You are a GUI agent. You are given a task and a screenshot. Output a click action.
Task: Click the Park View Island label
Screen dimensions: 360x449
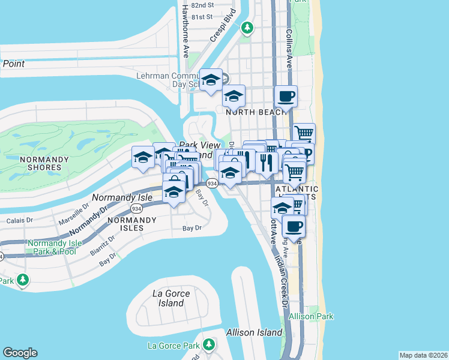point(196,150)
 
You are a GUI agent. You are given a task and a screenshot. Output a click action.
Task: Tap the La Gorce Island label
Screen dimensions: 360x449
point(171,298)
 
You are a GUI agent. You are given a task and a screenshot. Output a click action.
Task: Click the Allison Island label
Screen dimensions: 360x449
point(254,332)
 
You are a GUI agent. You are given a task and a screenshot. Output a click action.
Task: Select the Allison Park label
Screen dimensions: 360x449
point(311,316)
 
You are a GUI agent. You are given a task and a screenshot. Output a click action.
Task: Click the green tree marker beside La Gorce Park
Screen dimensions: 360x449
point(209,345)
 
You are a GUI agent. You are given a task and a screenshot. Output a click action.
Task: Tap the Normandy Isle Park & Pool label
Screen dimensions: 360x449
point(53,247)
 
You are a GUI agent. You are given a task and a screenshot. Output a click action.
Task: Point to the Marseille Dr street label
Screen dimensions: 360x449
point(74,212)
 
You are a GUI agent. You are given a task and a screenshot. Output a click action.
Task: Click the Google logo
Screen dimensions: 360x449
point(20,353)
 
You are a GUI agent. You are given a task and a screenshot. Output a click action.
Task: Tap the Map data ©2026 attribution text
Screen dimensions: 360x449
point(423,355)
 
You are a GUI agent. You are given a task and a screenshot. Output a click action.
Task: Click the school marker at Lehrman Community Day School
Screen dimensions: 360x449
point(211,80)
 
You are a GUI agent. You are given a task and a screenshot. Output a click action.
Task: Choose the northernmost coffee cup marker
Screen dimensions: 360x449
point(286,96)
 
